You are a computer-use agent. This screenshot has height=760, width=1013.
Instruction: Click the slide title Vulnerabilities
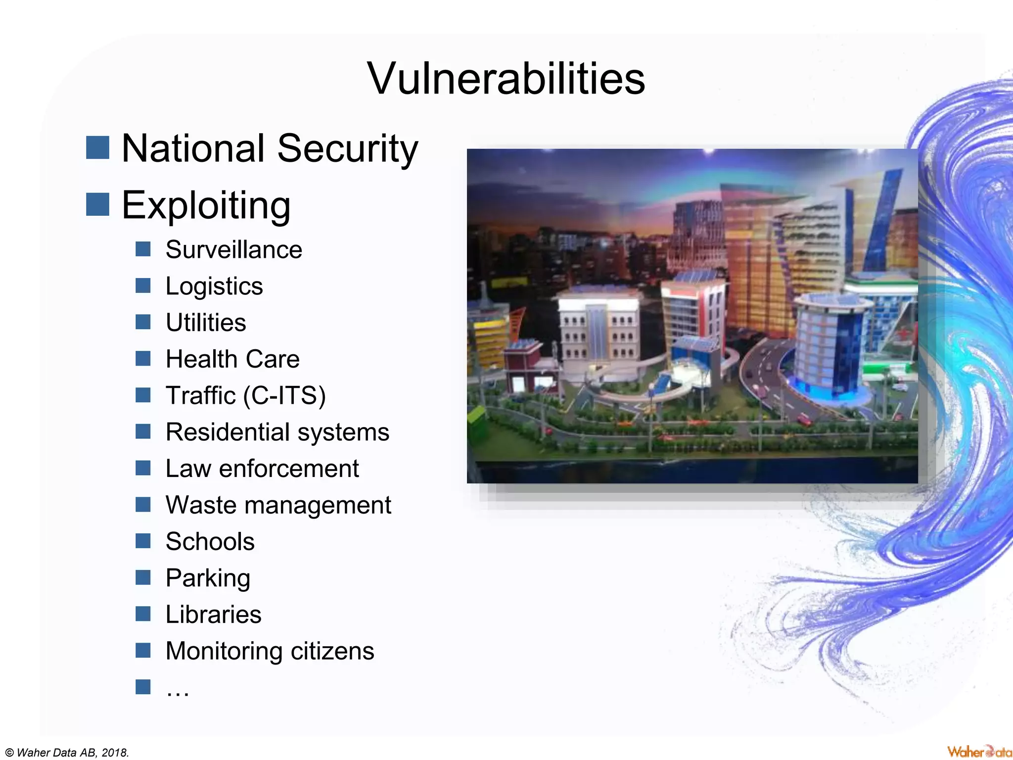pyautogui.click(x=506, y=79)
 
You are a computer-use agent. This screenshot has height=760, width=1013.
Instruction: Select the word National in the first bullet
pyautogui.click(x=193, y=148)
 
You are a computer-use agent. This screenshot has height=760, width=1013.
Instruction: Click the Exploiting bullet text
pyautogui.click(x=206, y=205)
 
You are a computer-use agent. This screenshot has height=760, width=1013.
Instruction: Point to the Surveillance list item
pyautogui.click(x=233, y=249)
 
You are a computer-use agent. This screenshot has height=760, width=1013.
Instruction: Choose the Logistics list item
pyautogui.click(x=214, y=286)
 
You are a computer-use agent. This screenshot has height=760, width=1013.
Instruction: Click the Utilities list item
pyautogui.click(x=206, y=323)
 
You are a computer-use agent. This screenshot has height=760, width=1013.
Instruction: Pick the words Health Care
pyautogui.click(x=232, y=359)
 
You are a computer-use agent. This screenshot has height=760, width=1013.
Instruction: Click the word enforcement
pyautogui.click(x=289, y=469)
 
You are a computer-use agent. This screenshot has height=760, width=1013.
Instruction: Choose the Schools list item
pyautogui.click(x=210, y=541)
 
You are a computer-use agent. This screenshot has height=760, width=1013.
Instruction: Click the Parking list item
pyautogui.click(x=208, y=578)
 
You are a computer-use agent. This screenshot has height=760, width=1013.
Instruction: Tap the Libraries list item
pyautogui.click(x=213, y=615)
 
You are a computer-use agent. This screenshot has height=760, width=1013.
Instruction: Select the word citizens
pyautogui.click(x=332, y=651)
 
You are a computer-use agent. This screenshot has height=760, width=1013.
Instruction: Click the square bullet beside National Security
pyautogui.click(x=97, y=148)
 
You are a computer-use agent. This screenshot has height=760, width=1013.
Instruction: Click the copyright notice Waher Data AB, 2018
pyautogui.click(x=67, y=753)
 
